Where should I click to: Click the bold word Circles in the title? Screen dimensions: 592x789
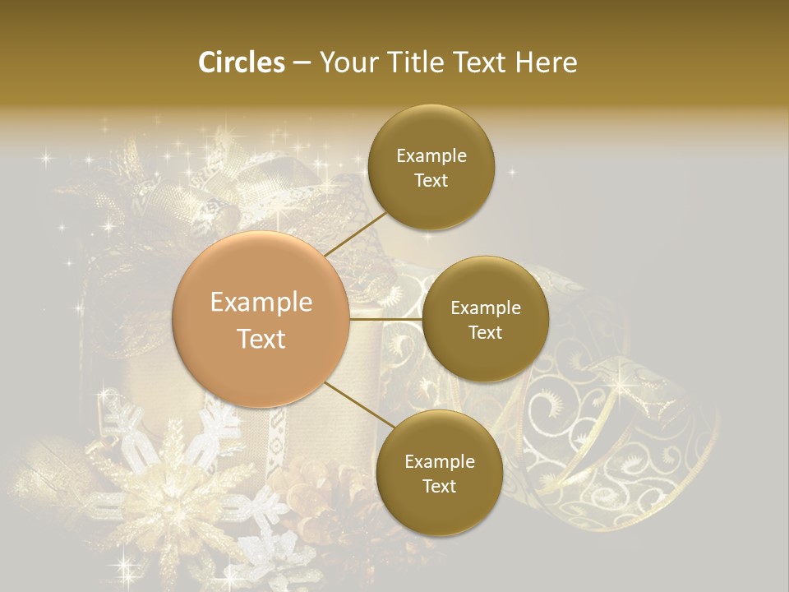tap(241, 62)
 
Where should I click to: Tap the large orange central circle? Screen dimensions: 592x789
tap(261, 319)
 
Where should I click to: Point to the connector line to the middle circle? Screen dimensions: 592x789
tap(386, 319)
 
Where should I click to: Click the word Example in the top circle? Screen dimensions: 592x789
tap(431, 156)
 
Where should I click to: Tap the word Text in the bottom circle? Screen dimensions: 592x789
tap(439, 487)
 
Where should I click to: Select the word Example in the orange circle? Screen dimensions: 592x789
tap(261, 303)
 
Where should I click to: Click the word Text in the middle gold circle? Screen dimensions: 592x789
tap(486, 333)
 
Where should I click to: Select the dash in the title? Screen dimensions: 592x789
tap(302, 62)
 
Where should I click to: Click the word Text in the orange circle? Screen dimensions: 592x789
tap(261, 339)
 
